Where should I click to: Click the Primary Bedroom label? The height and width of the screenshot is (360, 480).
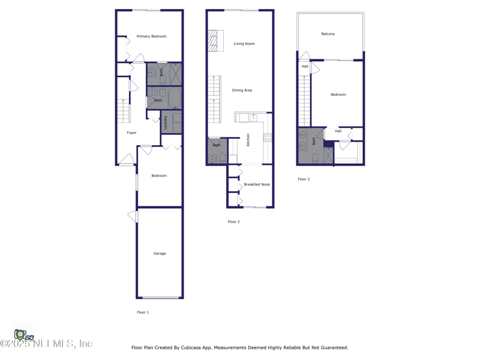click(152, 37)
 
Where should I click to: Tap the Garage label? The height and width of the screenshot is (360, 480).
click(160, 253)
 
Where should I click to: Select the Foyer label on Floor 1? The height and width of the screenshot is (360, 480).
click(131, 133)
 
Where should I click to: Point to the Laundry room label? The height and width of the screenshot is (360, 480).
click(166, 123)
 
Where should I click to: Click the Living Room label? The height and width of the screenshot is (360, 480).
click(244, 44)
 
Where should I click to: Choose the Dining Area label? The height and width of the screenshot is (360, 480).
click(242, 91)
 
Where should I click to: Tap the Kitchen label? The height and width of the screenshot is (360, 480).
click(248, 140)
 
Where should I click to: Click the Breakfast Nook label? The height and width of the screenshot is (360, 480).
click(257, 185)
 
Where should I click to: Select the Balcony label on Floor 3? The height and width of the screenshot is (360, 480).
click(328, 34)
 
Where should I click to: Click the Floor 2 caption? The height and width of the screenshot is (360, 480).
click(234, 222)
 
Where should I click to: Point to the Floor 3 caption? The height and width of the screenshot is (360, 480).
click(304, 179)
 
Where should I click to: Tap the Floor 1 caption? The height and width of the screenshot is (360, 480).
click(143, 313)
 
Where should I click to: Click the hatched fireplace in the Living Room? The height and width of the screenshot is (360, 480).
click(213, 41)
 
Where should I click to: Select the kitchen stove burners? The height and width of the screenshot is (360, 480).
click(268, 138)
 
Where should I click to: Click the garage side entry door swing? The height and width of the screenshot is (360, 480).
click(133, 217)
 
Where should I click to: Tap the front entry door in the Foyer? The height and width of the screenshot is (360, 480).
click(127, 160)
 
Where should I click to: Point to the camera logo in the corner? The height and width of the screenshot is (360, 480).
click(20, 335)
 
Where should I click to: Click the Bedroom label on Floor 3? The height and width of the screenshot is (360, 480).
click(338, 95)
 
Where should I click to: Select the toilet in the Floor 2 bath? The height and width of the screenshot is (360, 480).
click(223, 158)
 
